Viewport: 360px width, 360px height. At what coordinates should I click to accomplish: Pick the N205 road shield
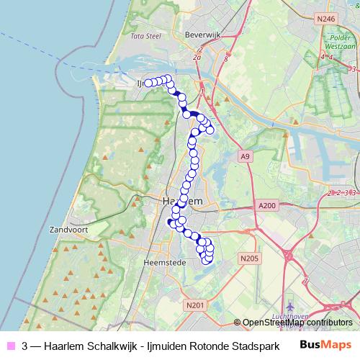point(249,258)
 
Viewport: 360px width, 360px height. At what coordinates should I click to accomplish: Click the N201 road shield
point(195,306)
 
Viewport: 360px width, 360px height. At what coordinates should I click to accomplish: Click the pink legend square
point(9,346)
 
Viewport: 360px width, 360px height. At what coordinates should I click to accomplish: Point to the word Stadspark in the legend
point(253,346)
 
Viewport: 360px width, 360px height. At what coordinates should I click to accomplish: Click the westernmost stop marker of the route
point(148,84)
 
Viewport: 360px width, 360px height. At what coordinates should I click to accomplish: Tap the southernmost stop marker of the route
point(207,260)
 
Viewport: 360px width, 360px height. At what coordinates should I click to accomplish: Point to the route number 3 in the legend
point(25,346)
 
